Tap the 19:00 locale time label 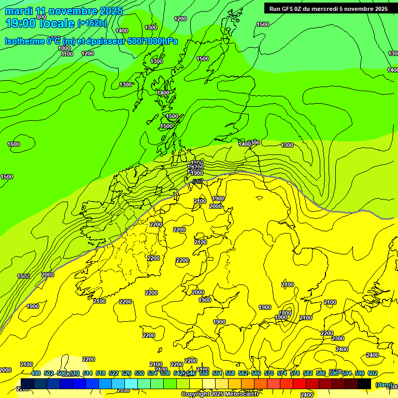tap(39, 23)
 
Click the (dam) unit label tap(384, 384)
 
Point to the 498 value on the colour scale tap(36, 374)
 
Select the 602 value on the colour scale tap(373, 374)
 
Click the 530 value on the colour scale tap(139, 374)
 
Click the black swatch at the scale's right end tap(364, 384)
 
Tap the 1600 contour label tap(13, 144)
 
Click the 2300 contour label tap(338, 338)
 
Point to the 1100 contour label tap(67, 54)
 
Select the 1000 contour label tap(64, 48)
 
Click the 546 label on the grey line tap(197, 181)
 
